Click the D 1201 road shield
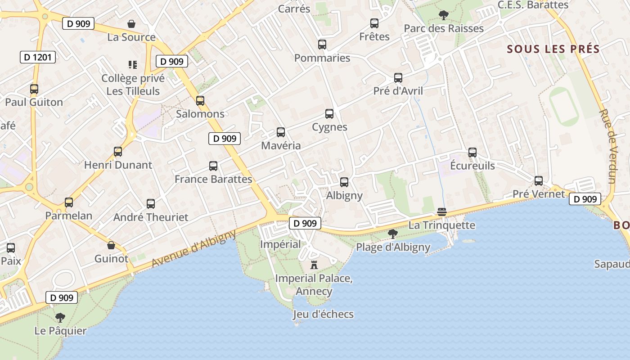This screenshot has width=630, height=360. (38, 57)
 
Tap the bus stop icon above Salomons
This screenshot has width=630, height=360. (200, 101)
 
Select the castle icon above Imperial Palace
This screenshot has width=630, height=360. (314, 265)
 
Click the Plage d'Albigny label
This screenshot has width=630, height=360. (393, 247)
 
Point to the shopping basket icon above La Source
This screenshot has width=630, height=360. (131, 24)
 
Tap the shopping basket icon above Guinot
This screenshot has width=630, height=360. (111, 245)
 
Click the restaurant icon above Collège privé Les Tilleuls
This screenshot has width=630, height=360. (132, 65)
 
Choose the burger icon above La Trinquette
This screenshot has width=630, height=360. (441, 212)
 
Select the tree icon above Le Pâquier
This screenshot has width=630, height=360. (60, 318)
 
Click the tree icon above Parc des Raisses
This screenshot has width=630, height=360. (443, 15)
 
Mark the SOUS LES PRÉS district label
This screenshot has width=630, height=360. (553, 49)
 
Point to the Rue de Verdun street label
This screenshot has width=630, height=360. (607, 146)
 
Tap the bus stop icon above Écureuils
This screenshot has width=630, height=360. (472, 153)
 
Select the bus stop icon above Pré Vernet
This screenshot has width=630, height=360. (539, 181)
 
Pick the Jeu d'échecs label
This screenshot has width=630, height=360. (323, 314)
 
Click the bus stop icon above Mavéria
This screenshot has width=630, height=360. (281, 132)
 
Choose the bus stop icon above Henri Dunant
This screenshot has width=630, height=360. (118, 152)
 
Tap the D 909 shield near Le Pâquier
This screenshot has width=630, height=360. (62, 297)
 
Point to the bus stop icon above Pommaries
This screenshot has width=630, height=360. (322, 45)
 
